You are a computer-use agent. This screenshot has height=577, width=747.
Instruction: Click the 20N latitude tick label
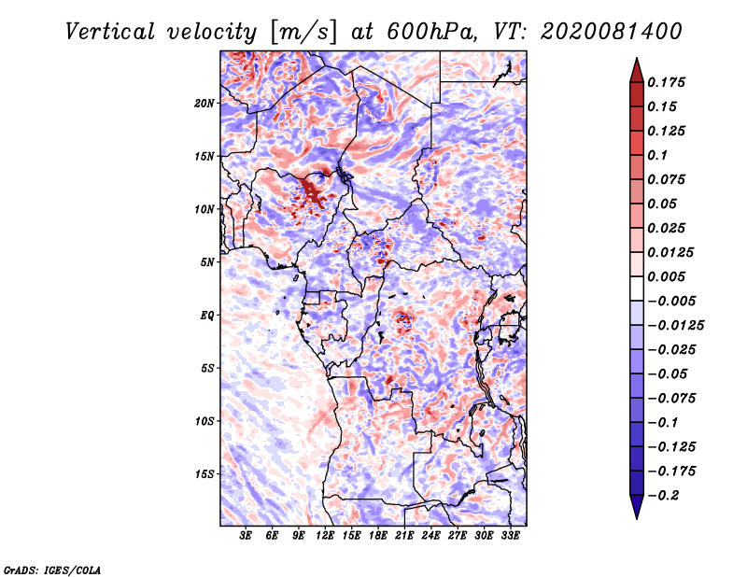(x=204, y=103)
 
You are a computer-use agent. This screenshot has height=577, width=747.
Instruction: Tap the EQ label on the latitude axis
(x=206, y=315)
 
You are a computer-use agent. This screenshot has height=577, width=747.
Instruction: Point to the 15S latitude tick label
(x=204, y=474)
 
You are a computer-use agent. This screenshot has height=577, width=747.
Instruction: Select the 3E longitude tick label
(x=246, y=536)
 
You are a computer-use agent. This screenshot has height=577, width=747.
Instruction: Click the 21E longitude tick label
(x=404, y=536)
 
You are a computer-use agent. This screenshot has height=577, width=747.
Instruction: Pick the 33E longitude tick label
(x=510, y=536)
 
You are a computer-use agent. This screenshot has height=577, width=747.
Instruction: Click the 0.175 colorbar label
(x=666, y=82)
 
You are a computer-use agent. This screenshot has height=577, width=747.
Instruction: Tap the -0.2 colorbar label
(x=663, y=496)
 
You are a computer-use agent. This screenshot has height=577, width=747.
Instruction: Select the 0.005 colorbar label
(x=666, y=276)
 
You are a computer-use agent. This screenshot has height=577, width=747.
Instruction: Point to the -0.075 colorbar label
(x=671, y=399)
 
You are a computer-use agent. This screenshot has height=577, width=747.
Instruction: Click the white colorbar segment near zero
(x=637, y=288)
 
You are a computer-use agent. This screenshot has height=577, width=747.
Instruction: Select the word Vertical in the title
(x=110, y=32)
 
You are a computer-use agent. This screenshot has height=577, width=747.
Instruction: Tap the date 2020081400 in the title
(x=612, y=32)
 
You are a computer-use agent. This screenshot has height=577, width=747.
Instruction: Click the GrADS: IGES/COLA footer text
(x=52, y=570)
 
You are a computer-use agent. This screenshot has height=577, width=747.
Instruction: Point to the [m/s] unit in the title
(x=303, y=32)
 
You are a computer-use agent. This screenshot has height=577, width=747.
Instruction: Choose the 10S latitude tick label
(x=204, y=421)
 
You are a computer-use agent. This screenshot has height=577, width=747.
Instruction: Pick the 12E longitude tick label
(x=324, y=536)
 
